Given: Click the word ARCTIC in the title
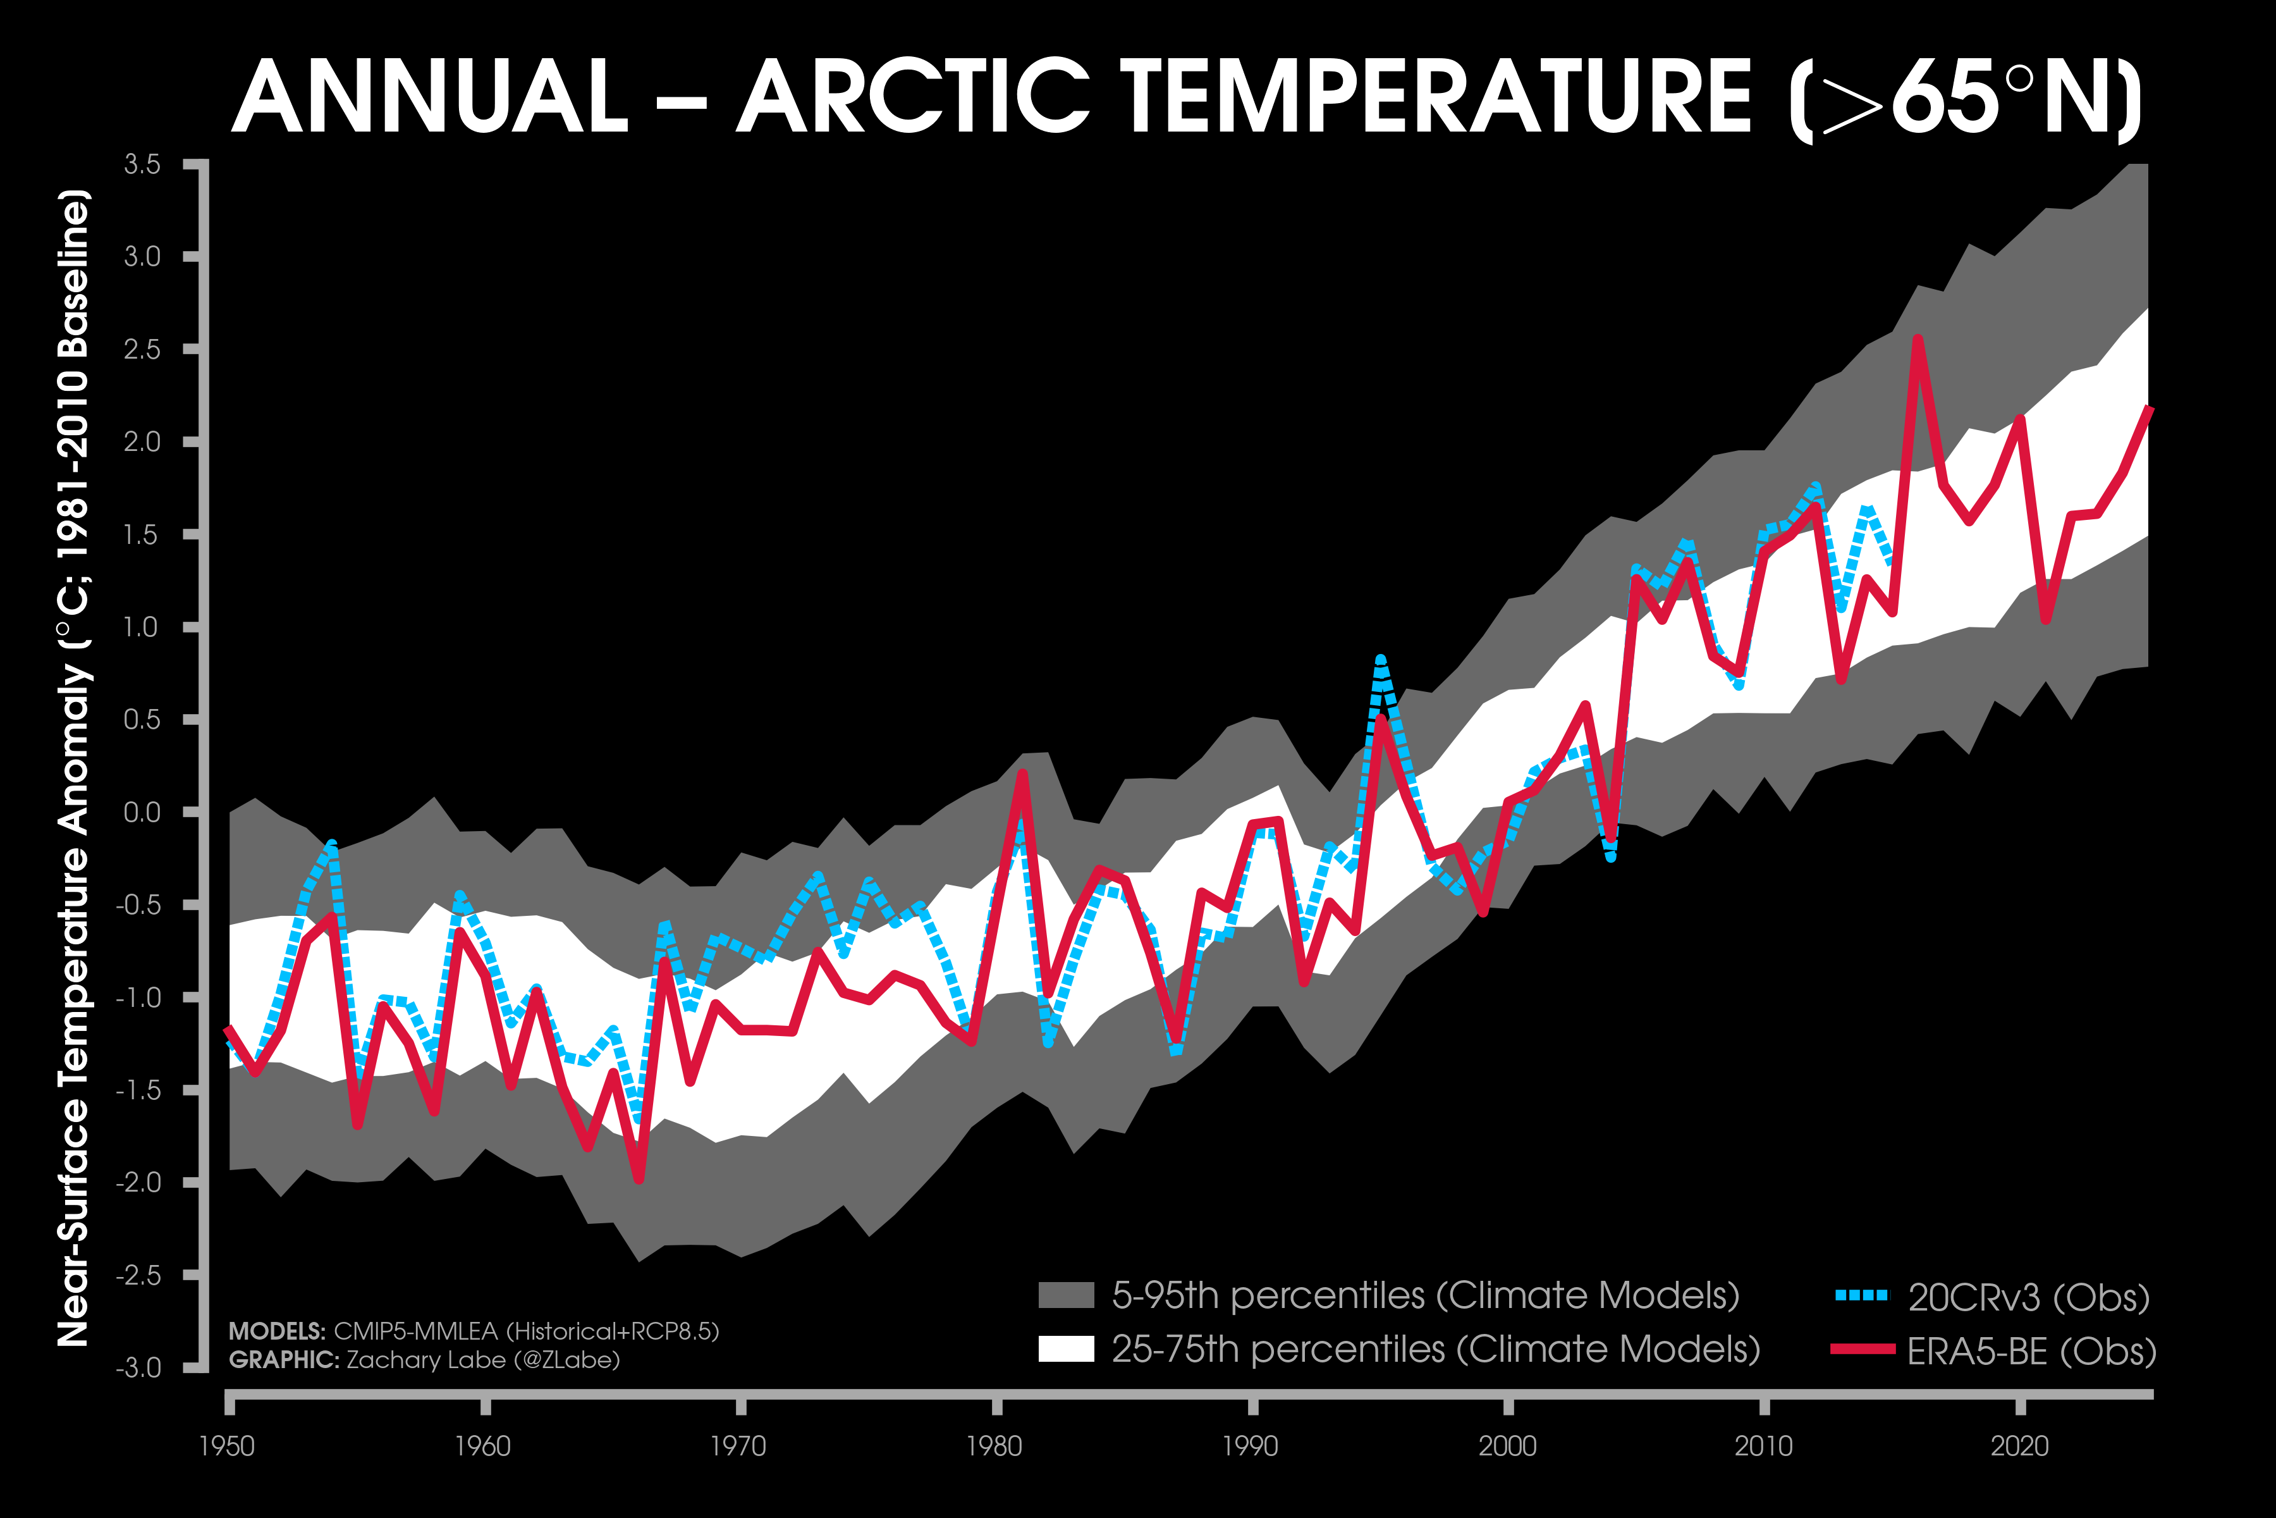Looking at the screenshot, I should coord(912,97).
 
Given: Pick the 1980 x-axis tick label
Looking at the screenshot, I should coord(994,1447).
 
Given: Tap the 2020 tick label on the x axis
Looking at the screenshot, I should coord(2019,1447).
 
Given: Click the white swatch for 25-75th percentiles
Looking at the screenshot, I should coord(1065,1348).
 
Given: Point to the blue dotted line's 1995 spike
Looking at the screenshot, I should coord(1380,661).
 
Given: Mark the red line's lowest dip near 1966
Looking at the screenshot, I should coord(639,1179).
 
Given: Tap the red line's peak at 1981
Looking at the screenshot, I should coord(1022,774).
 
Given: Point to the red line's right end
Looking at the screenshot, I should coord(2149,409).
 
